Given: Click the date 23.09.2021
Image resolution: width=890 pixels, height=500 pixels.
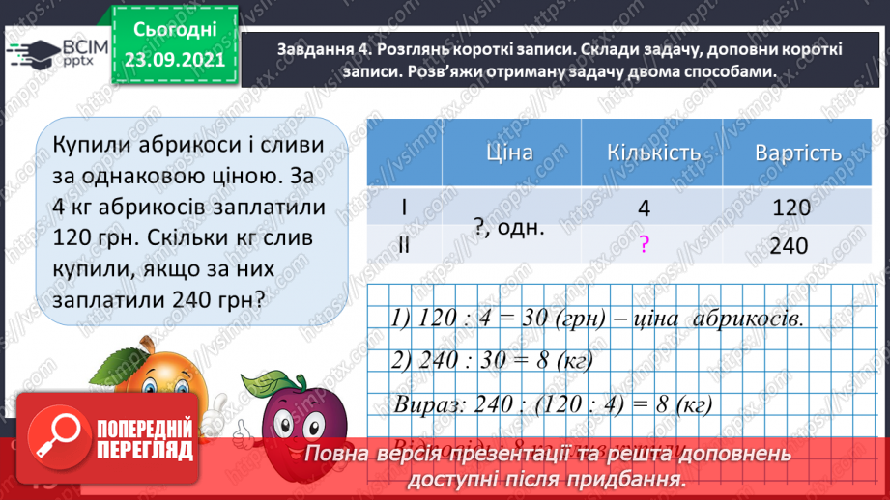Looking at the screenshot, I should click(x=174, y=60).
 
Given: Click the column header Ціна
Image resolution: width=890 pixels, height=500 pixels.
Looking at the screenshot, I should click(x=511, y=153).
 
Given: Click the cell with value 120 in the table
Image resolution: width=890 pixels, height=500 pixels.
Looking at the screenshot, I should click(x=791, y=208).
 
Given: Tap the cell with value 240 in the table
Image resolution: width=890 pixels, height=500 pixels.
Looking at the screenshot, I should click(x=790, y=246).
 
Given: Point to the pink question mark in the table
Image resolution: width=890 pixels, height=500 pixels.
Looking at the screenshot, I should click(x=643, y=247).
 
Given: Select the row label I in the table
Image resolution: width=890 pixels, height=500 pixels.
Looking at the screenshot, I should click(x=404, y=208).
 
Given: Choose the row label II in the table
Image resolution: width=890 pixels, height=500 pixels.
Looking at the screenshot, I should click(x=404, y=246).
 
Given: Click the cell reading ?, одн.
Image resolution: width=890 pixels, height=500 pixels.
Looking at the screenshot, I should click(x=509, y=228).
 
